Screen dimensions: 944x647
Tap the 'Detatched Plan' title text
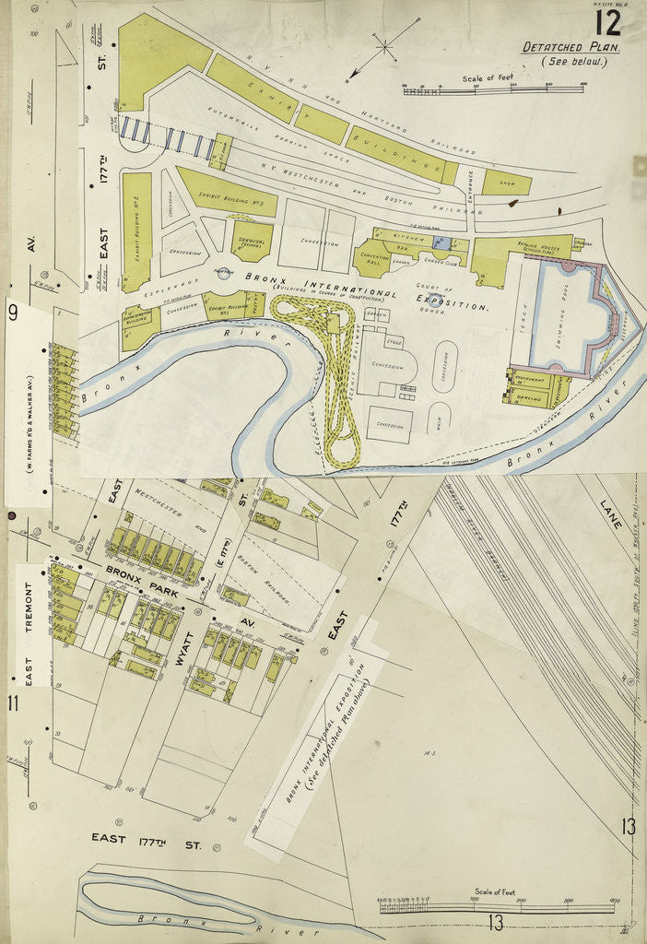571,47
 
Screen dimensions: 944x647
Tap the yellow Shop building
506,182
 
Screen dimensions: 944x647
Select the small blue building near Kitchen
441,242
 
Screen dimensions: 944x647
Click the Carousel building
251,239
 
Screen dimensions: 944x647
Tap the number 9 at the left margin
13,312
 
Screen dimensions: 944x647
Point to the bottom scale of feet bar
496,906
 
